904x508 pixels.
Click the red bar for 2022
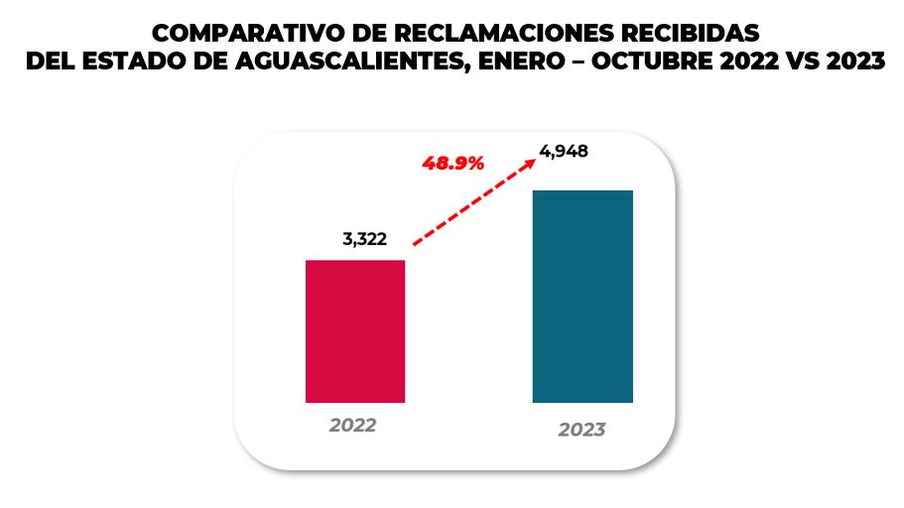[x=355, y=330]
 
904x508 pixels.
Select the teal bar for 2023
[x=582, y=296]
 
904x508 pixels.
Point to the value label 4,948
[x=564, y=152]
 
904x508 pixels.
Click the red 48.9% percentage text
[x=453, y=164]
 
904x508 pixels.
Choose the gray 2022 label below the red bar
[x=353, y=425]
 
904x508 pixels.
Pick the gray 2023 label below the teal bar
[x=581, y=430]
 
